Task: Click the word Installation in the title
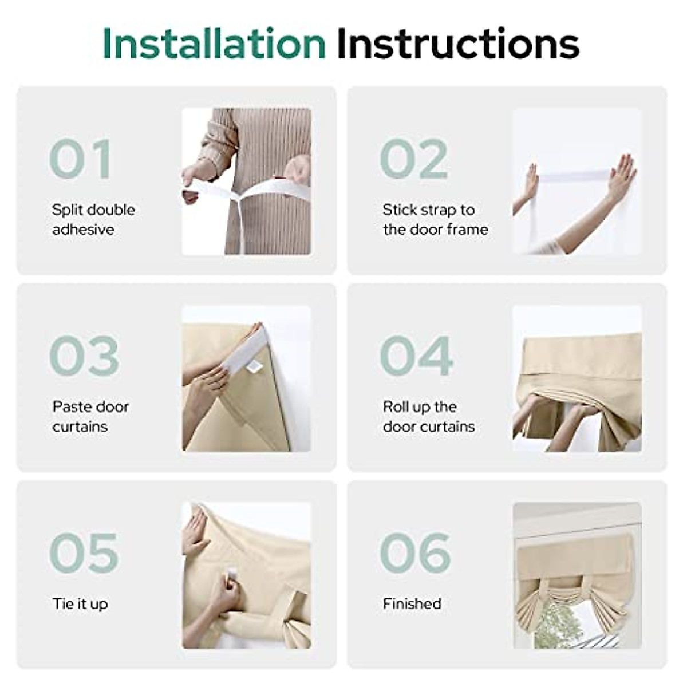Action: click(x=214, y=44)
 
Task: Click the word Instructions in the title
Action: click(x=458, y=44)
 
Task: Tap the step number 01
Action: click(x=81, y=159)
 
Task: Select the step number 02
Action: click(x=414, y=159)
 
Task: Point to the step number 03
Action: click(x=84, y=356)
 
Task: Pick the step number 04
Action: click(x=416, y=356)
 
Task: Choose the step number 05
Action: click(x=84, y=552)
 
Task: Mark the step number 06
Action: click(x=415, y=552)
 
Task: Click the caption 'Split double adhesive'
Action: click(x=93, y=219)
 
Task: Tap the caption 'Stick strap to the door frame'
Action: click(x=435, y=219)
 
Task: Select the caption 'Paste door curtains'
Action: click(x=90, y=416)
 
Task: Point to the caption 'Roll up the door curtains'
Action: click(x=428, y=416)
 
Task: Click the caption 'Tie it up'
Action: click(x=80, y=603)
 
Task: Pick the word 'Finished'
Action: click(x=412, y=603)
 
